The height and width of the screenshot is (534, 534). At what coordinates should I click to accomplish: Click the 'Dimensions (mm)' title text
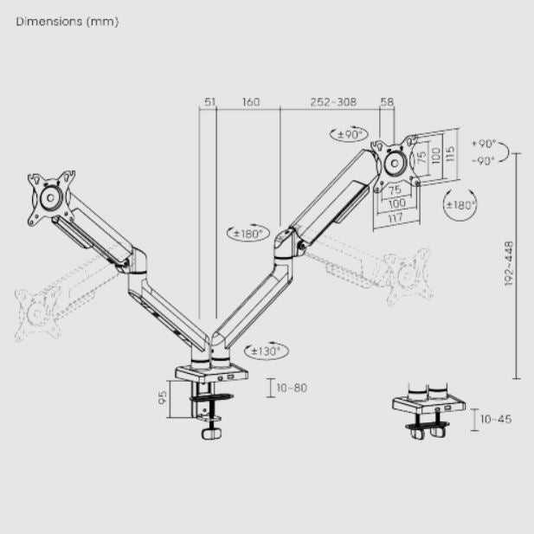67,22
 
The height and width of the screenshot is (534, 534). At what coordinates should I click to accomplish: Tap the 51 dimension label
209,102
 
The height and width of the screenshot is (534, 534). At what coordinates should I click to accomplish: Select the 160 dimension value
250,102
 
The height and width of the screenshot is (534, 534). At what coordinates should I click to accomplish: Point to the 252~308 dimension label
333,102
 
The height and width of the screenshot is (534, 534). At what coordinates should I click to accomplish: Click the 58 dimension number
387,102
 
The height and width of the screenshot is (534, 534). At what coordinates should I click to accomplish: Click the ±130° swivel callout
266,351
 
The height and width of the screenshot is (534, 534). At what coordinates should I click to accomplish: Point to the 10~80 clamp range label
291,388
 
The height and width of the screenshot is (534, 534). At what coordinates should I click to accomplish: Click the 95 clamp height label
162,399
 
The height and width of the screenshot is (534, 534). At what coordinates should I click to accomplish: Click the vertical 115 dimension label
449,155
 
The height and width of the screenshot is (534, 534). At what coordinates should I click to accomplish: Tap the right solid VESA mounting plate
396,162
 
